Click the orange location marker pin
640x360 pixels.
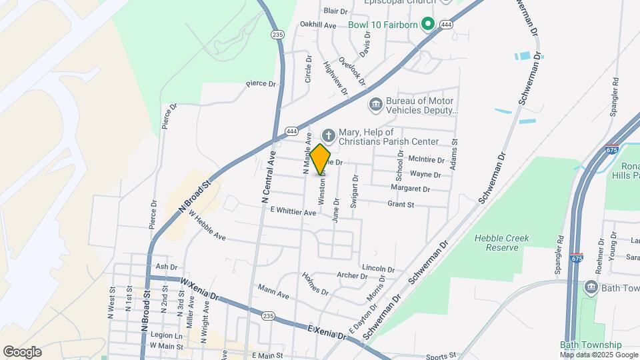point(321,159)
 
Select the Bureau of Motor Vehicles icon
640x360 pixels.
point(375,105)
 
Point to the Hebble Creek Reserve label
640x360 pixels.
point(496,243)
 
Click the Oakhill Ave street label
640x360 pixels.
point(318,25)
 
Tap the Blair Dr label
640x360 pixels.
point(335,11)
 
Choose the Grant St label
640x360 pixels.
point(401,204)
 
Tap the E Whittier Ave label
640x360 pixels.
point(293,212)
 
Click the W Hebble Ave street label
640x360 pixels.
point(207,227)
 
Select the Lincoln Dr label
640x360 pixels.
point(373,268)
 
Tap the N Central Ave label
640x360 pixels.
point(269,177)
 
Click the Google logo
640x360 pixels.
point(22,351)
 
